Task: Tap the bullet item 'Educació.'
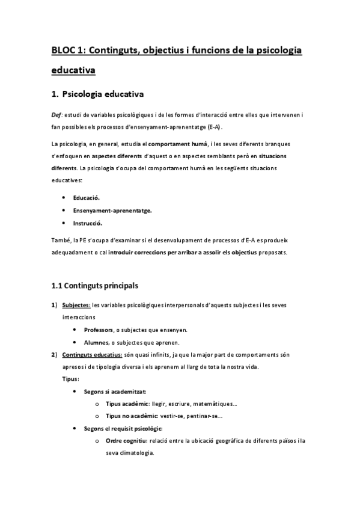pos(87,197)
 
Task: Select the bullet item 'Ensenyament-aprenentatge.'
pos(112,210)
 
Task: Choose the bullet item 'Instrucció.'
pos(88,223)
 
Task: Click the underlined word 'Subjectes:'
pos(77,305)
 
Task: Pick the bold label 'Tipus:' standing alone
pos(71,379)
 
